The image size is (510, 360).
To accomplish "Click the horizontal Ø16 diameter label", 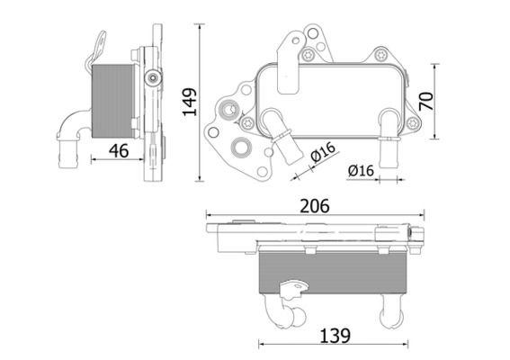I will pos(360,170).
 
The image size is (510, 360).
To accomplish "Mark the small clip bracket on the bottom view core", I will pos(292,290).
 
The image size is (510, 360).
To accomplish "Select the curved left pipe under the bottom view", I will pos(285,310).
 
